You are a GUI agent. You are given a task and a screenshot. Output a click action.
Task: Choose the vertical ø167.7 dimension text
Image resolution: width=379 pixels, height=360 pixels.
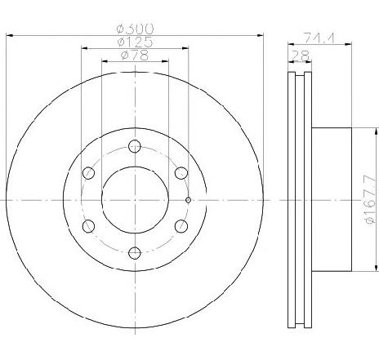click(368, 201)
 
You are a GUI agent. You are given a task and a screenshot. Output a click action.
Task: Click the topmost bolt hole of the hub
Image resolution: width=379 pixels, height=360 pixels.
click(135, 146)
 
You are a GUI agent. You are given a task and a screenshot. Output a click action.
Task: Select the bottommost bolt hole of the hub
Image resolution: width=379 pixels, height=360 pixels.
click(135, 252)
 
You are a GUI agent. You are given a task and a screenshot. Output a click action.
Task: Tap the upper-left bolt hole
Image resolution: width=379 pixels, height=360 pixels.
click(89, 172)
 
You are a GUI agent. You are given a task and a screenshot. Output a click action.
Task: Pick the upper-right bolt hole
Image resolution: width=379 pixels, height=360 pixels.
click(181, 172)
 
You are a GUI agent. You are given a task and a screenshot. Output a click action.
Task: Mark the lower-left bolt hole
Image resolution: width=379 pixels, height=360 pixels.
click(89, 225)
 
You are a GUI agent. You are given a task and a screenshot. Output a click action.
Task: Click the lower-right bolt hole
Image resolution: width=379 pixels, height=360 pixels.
click(181, 225)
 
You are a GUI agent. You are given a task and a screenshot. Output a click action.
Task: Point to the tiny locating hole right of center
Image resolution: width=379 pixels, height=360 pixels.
click(189, 199)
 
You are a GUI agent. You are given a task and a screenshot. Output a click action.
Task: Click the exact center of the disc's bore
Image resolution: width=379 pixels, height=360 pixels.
click(135, 199)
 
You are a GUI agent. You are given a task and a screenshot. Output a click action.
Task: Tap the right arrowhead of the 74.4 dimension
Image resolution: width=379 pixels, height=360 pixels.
click(351, 44)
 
